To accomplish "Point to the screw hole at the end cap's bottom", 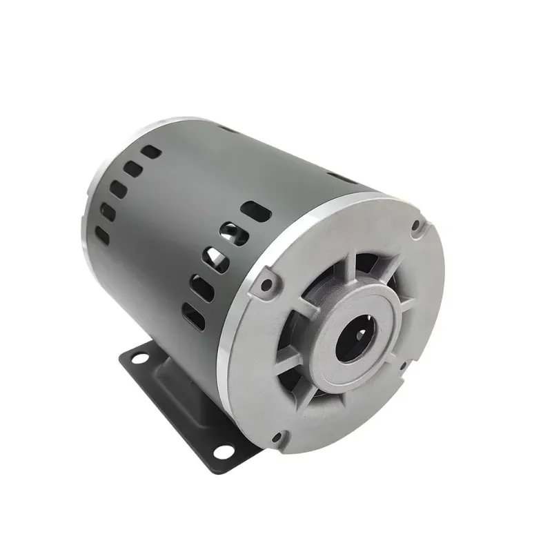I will tap(277, 438).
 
